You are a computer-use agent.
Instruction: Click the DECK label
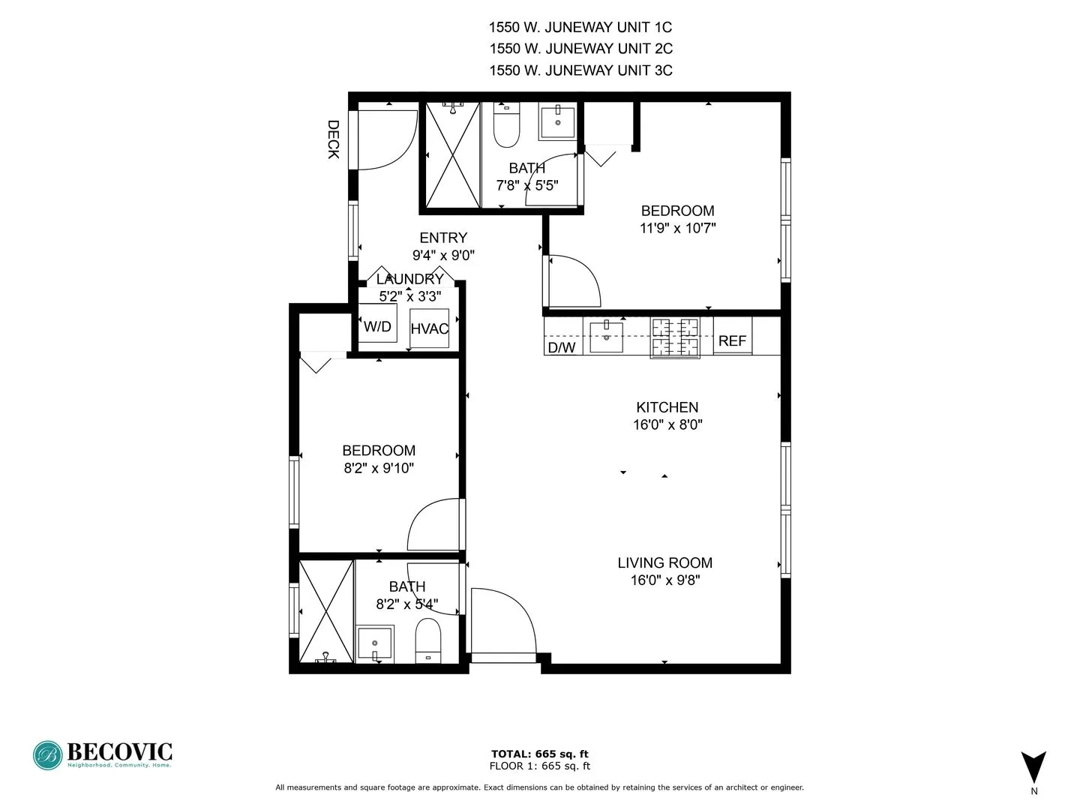coord(334,139)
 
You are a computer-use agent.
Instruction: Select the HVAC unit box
coord(429,328)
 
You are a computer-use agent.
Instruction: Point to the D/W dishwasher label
coord(562,347)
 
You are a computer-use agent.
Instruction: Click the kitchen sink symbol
coord(606,337)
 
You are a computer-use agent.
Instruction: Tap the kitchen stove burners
coord(675,337)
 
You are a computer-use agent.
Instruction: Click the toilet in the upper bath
coord(506,127)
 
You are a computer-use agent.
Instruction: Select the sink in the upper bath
coord(557,122)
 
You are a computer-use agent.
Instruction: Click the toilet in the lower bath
coord(428,641)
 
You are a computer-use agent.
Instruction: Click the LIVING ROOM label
coord(664,562)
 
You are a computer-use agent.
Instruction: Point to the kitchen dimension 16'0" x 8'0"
coord(667,424)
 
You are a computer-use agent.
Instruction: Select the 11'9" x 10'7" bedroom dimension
coord(677,228)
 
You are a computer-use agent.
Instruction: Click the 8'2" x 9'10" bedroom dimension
coord(379,468)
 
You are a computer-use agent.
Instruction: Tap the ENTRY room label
coord(443,238)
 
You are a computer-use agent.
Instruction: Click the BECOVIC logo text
coord(119,751)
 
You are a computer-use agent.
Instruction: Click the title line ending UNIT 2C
coord(580,49)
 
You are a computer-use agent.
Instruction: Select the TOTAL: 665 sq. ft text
coord(539,754)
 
